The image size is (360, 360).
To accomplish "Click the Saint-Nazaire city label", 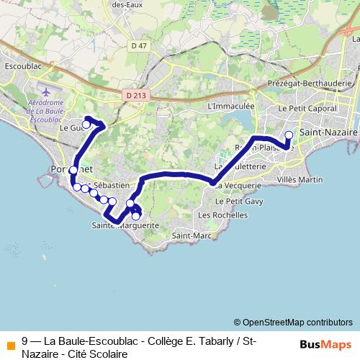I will pos(328,133).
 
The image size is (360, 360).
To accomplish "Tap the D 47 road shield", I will pos(139,46).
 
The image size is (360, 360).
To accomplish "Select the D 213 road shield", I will pos(134,94).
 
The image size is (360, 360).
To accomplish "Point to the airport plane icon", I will pos(45,92).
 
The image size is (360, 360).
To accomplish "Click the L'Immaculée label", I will pos(227,106).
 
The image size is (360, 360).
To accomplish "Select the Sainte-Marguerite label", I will pos(125,225).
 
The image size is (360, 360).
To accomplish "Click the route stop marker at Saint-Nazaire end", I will pos(289,135).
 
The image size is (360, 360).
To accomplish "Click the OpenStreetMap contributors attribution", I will pos(293,322).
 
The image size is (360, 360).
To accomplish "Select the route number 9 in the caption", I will pos(25,341).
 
